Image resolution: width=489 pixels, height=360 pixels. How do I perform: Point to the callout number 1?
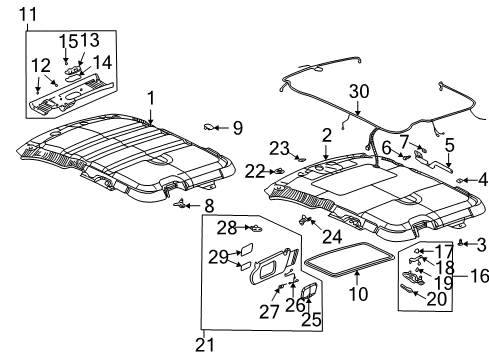151,98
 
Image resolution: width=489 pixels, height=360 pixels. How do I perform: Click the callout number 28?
227,228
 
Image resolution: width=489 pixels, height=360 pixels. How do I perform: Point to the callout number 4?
482,180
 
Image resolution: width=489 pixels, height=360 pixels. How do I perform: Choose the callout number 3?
480,243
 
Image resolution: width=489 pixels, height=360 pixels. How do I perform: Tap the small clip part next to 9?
211,127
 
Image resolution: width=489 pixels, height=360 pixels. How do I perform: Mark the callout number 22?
254,170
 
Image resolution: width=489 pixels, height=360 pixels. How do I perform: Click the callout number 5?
450,143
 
